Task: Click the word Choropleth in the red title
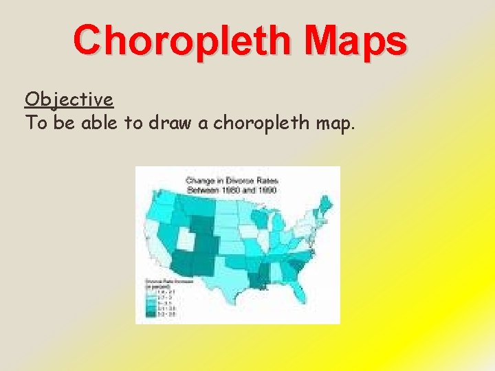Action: [x=184, y=41]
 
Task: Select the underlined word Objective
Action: [x=69, y=100]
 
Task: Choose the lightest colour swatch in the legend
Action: [x=149, y=291]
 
